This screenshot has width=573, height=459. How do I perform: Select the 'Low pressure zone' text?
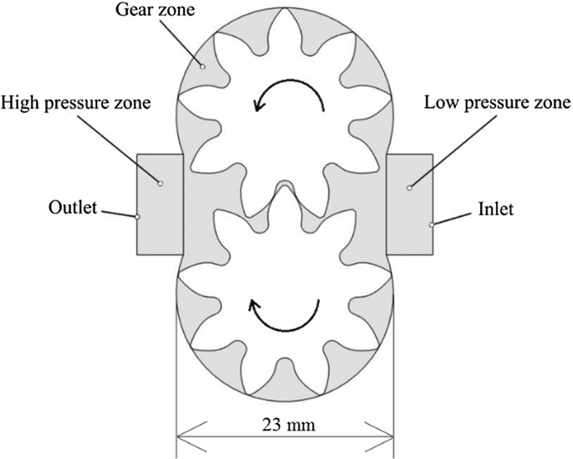tap(497, 104)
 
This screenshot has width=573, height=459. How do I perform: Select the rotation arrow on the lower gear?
tap(284, 316)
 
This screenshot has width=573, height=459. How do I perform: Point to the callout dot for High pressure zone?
tap(160, 183)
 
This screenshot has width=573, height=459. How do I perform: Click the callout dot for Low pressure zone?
tap(409, 189)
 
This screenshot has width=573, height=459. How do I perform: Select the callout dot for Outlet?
tap(137, 216)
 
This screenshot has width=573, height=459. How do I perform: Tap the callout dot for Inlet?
tap(432, 224)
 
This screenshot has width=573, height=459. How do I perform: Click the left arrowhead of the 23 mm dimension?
tap(185, 435)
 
